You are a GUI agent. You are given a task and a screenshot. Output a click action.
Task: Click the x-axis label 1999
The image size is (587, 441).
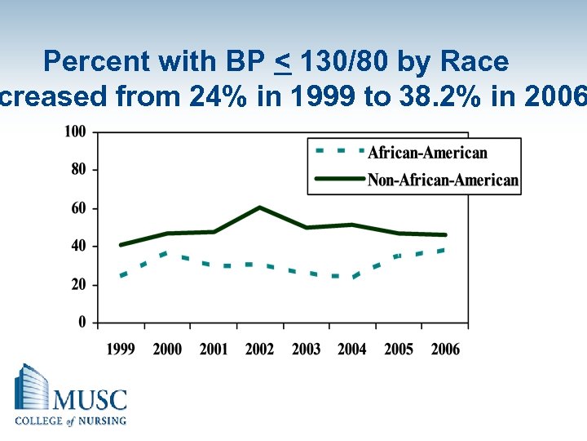click(x=121, y=350)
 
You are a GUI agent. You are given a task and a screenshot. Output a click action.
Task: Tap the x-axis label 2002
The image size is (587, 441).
click(x=259, y=350)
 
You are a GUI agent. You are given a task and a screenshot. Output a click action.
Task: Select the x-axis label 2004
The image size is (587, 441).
click(x=352, y=350)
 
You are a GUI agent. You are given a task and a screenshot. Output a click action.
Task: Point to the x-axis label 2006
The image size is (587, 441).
click(x=445, y=350)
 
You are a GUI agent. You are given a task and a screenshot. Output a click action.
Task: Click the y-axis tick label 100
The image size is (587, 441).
click(x=76, y=131)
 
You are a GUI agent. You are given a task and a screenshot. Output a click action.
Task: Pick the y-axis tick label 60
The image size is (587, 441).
click(x=79, y=208)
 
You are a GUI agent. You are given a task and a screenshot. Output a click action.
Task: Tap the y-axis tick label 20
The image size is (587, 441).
click(x=79, y=285)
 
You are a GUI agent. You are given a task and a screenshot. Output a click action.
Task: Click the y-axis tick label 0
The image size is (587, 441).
click(x=82, y=323)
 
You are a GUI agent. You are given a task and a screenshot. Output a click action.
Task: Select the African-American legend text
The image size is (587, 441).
click(x=427, y=153)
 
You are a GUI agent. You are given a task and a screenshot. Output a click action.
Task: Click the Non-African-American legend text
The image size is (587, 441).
click(x=443, y=180)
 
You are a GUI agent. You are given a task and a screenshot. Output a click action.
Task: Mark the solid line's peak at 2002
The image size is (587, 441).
click(x=259, y=207)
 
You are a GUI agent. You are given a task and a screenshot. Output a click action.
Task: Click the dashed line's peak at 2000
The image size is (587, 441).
click(x=166, y=253)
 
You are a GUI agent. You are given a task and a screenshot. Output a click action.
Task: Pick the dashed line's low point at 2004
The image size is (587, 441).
click(x=354, y=277)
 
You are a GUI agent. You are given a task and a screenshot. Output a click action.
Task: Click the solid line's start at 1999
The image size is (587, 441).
click(x=121, y=245)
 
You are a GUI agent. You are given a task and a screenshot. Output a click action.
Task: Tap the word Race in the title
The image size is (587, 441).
click(x=474, y=61)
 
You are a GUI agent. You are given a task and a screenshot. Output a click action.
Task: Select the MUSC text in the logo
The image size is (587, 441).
click(x=90, y=400)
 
